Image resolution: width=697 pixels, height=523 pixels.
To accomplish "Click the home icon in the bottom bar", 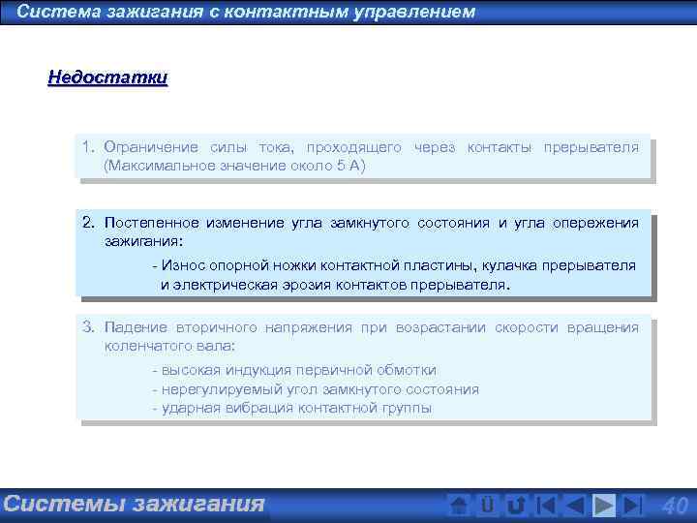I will coord(460,505).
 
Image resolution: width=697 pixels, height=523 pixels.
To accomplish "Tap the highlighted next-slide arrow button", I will coord(604,505).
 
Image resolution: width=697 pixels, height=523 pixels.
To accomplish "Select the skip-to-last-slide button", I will coord(632,505).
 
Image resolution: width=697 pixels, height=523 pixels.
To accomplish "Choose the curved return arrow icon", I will coord(516,505).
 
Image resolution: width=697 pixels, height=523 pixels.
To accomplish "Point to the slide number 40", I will coord(674,505).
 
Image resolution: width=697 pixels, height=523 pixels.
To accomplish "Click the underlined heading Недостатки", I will coord(107,77).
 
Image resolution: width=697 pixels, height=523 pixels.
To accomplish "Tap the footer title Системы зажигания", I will coord(134,504).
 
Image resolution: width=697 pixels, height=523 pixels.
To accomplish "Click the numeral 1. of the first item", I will coord(88,147).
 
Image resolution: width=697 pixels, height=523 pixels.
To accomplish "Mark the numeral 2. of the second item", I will coord(88,223).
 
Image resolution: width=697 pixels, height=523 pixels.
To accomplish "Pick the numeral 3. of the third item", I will coord(88,327).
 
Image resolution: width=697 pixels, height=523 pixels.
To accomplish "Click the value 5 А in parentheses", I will coord(346,166).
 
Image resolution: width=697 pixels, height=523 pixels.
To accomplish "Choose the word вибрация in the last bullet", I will coord(265,408).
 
